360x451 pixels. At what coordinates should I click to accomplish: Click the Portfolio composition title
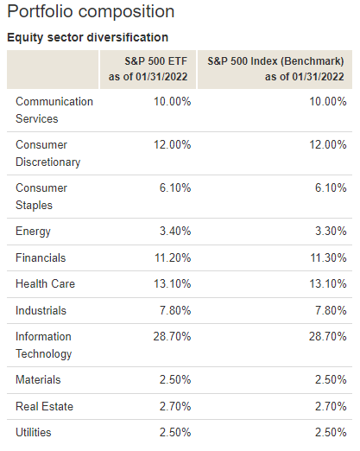click(x=91, y=12)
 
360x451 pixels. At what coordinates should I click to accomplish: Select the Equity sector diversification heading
click(x=87, y=37)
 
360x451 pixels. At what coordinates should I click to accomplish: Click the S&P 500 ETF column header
click(x=148, y=69)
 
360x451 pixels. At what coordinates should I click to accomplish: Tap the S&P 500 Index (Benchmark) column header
click(x=275, y=69)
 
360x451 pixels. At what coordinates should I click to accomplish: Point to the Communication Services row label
click(x=54, y=110)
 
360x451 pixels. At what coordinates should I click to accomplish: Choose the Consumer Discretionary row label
click(x=47, y=153)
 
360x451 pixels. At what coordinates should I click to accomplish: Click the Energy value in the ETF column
click(x=175, y=231)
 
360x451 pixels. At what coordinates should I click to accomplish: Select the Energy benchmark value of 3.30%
click(x=331, y=231)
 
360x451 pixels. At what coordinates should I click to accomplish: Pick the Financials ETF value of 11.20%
click(x=173, y=257)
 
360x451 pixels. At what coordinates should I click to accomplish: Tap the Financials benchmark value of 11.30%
click(x=328, y=257)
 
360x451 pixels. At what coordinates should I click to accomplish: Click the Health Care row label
click(x=45, y=283)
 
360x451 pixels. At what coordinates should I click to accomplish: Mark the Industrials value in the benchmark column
click(x=331, y=310)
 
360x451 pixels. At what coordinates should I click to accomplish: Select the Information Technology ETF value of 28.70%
click(x=172, y=336)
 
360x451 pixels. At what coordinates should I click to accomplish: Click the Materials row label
click(x=38, y=379)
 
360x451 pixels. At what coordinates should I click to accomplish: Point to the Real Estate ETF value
click(x=175, y=406)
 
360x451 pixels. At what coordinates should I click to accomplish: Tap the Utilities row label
click(x=34, y=432)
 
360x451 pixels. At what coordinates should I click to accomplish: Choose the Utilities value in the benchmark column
click(x=331, y=432)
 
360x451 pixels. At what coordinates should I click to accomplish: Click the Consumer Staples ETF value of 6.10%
click(x=175, y=187)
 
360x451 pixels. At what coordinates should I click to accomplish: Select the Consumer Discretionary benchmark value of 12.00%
click(x=328, y=144)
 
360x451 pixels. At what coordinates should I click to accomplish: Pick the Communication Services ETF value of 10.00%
click(x=173, y=101)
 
